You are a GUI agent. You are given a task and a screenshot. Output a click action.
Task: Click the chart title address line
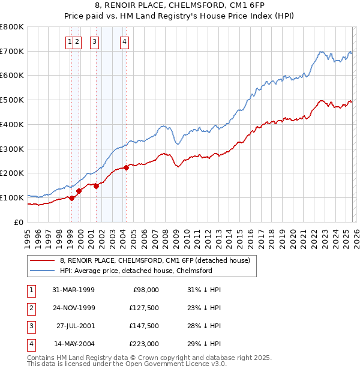point(179,6)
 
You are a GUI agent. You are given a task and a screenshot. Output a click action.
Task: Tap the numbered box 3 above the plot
point(95,42)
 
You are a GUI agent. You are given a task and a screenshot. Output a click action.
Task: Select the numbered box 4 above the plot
point(124,42)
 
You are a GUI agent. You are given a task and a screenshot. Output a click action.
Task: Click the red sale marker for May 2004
point(126,167)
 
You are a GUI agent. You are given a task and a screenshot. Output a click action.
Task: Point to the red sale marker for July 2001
point(97,186)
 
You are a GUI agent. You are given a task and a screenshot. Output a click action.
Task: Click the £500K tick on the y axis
point(12,100)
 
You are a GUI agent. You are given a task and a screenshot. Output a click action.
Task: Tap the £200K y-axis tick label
point(12,173)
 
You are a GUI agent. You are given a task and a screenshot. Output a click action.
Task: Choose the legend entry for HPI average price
point(136,271)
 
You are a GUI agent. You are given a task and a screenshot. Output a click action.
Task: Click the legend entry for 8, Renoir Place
point(158,260)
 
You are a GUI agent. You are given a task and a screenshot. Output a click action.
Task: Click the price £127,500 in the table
point(145,308)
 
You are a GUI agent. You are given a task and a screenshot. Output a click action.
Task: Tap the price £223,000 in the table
point(145,344)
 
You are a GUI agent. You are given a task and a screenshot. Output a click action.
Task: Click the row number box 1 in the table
point(30,290)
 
